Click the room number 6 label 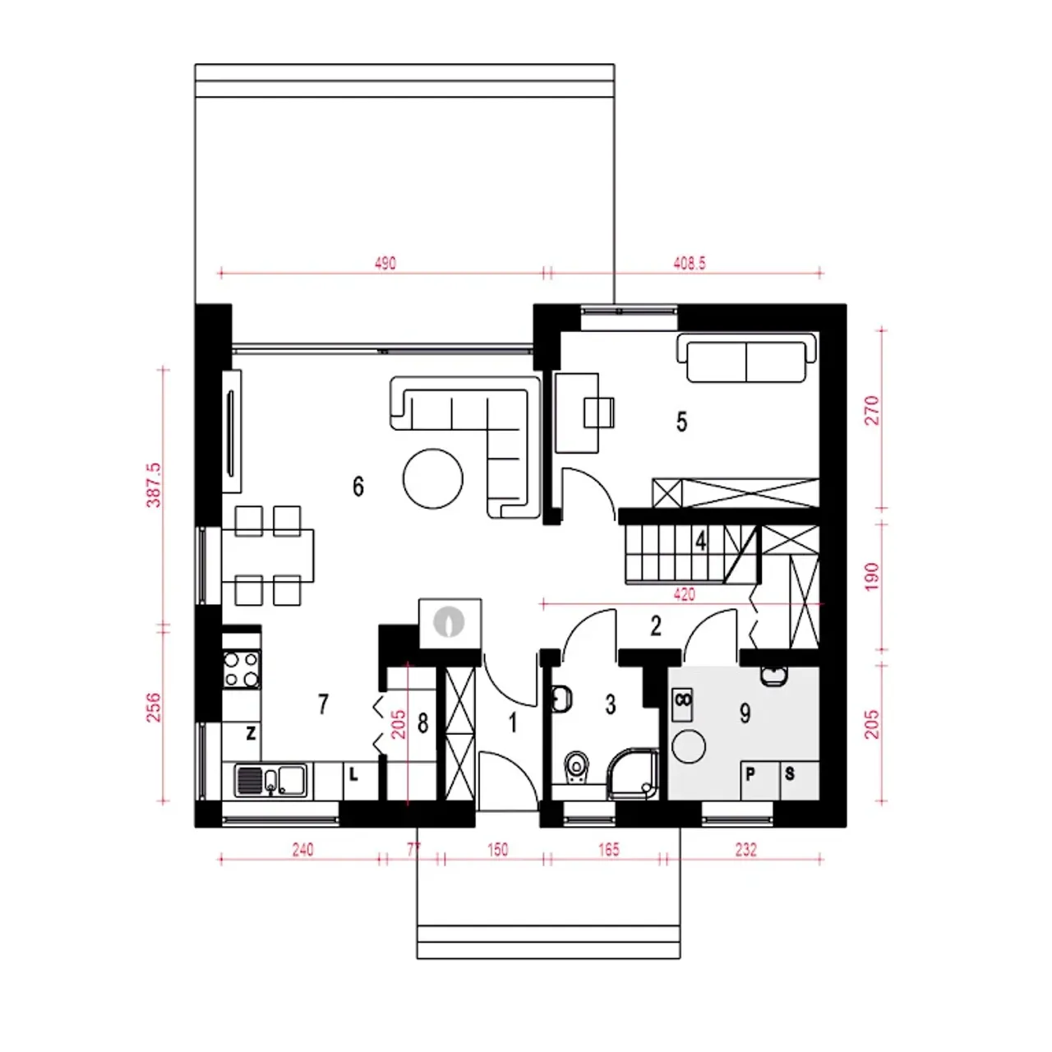[358, 486]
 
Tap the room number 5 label [681, 422]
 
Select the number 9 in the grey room [745, 713]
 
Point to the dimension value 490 [385, 264]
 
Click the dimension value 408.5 [690, 264]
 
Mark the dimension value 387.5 [154, 486]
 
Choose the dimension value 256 [154, 707]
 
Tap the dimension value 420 [684, 594]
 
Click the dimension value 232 [746, 850]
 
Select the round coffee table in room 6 [433, 479]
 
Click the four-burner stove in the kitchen [242, 669]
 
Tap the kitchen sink [270, 781]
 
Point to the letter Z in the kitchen [251, 733]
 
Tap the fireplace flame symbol [449, 622]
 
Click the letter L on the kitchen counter [353, 774]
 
